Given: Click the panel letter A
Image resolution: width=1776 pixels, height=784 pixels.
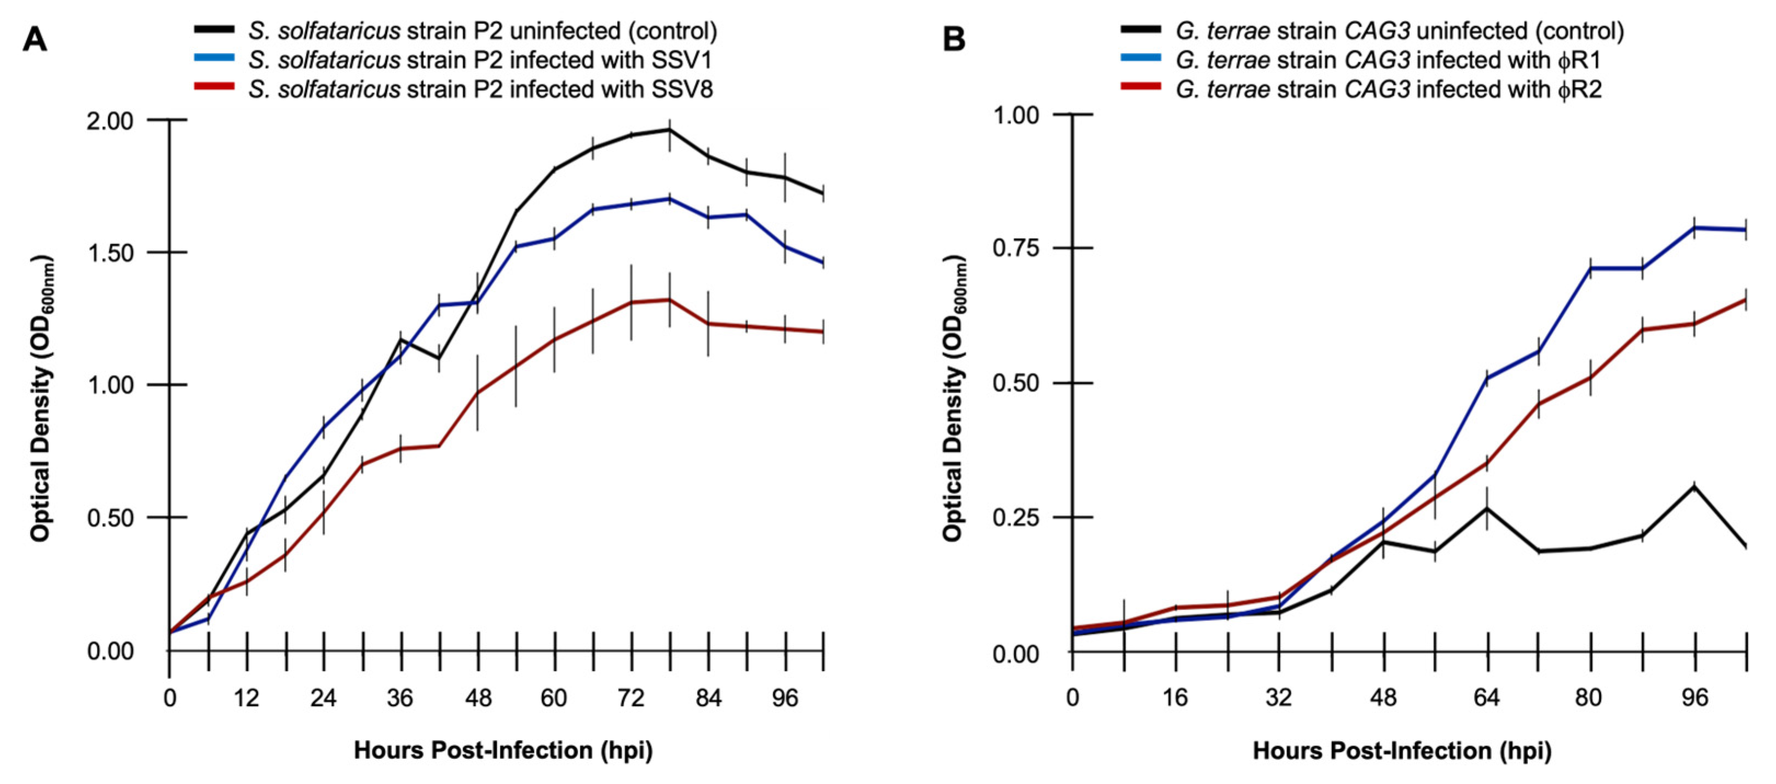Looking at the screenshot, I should coord(35,39).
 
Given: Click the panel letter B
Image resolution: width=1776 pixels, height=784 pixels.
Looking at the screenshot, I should coord(953,39).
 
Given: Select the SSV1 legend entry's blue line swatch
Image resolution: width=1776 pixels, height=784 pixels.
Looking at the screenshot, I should coord(215,60).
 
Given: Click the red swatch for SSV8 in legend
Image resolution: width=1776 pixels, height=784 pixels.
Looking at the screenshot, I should coord(215,89).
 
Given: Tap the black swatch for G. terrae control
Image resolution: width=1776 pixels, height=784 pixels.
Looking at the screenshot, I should coord(1142,31).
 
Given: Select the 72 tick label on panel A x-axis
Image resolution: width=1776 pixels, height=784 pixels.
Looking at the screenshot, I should coord(630,699).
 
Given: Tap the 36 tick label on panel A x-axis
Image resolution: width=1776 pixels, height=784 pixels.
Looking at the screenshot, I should coord(400,699).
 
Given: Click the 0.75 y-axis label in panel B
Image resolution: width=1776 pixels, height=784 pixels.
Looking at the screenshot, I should coord(1015,248).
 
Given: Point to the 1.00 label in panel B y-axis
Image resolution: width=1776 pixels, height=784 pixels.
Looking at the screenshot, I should coord(1015,114).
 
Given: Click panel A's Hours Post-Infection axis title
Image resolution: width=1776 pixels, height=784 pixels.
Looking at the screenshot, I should coord(503,750).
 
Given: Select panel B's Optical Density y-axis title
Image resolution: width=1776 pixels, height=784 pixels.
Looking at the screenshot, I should coord(953,399).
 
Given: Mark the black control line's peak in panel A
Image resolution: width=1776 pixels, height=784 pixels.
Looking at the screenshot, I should coord(669,130).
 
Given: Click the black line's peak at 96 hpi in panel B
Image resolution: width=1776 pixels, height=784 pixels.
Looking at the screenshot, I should coord(1694,487).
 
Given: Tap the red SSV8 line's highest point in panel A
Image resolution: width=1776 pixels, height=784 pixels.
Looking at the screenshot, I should coord(669,300).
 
